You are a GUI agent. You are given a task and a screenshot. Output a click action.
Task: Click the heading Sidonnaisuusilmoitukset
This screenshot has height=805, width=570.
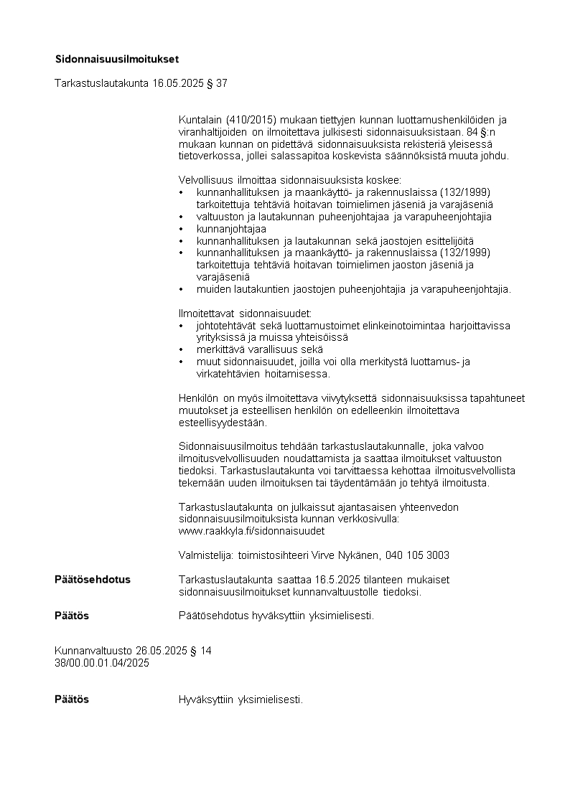click(117, 58)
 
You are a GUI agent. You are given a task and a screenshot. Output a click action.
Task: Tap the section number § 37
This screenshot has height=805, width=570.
click(217, 83)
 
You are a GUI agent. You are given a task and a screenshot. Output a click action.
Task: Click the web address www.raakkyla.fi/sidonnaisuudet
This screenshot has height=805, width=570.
click(251, 531)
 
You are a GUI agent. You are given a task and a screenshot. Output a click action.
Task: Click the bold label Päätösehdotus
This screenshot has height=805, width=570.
click(93, 580)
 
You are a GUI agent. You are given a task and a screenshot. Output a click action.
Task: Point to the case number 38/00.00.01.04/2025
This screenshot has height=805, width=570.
click(102, 663)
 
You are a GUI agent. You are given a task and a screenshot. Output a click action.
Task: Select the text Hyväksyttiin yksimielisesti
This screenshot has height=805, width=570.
click(240, 700)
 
